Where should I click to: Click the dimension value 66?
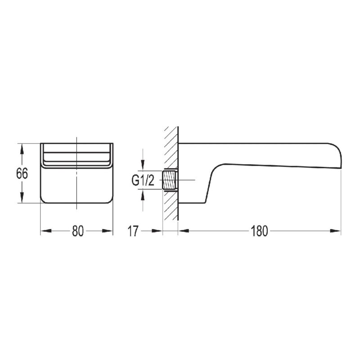(x=22, y=173)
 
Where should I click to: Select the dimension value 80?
(x=77, y=231)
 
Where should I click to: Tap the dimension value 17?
(x=133, y=231)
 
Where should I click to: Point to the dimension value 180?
(x=259, y=231)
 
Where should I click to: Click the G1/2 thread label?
(x=143, y=180)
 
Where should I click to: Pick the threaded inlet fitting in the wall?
(x=170, y=180)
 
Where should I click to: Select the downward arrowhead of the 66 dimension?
(x=22, y=198)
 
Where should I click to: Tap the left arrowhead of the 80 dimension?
(x=46, y=231)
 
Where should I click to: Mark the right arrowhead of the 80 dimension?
(x=108, y=231)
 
